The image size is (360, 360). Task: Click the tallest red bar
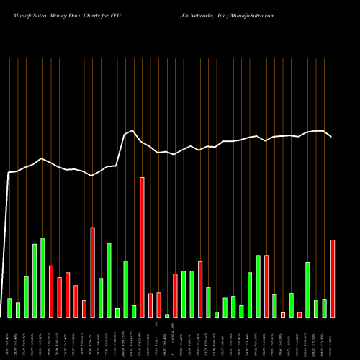(x=142, y=247)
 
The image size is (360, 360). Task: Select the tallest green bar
(x=42, y=277)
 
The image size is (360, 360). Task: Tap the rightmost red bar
(x=333, y=278)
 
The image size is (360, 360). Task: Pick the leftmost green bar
(x=9, y=307)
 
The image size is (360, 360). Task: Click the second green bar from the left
(x=18, y=310)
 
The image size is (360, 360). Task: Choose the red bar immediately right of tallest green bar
(x=51, y=291)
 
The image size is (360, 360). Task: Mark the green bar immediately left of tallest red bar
(x=134, y=311)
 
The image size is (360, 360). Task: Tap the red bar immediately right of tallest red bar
(x=150, y=305)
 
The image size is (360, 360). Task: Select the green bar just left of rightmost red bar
(x=324, y=308)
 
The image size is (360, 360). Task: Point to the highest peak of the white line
(x=133, y=130)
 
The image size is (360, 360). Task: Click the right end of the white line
(x=332, y=137)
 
